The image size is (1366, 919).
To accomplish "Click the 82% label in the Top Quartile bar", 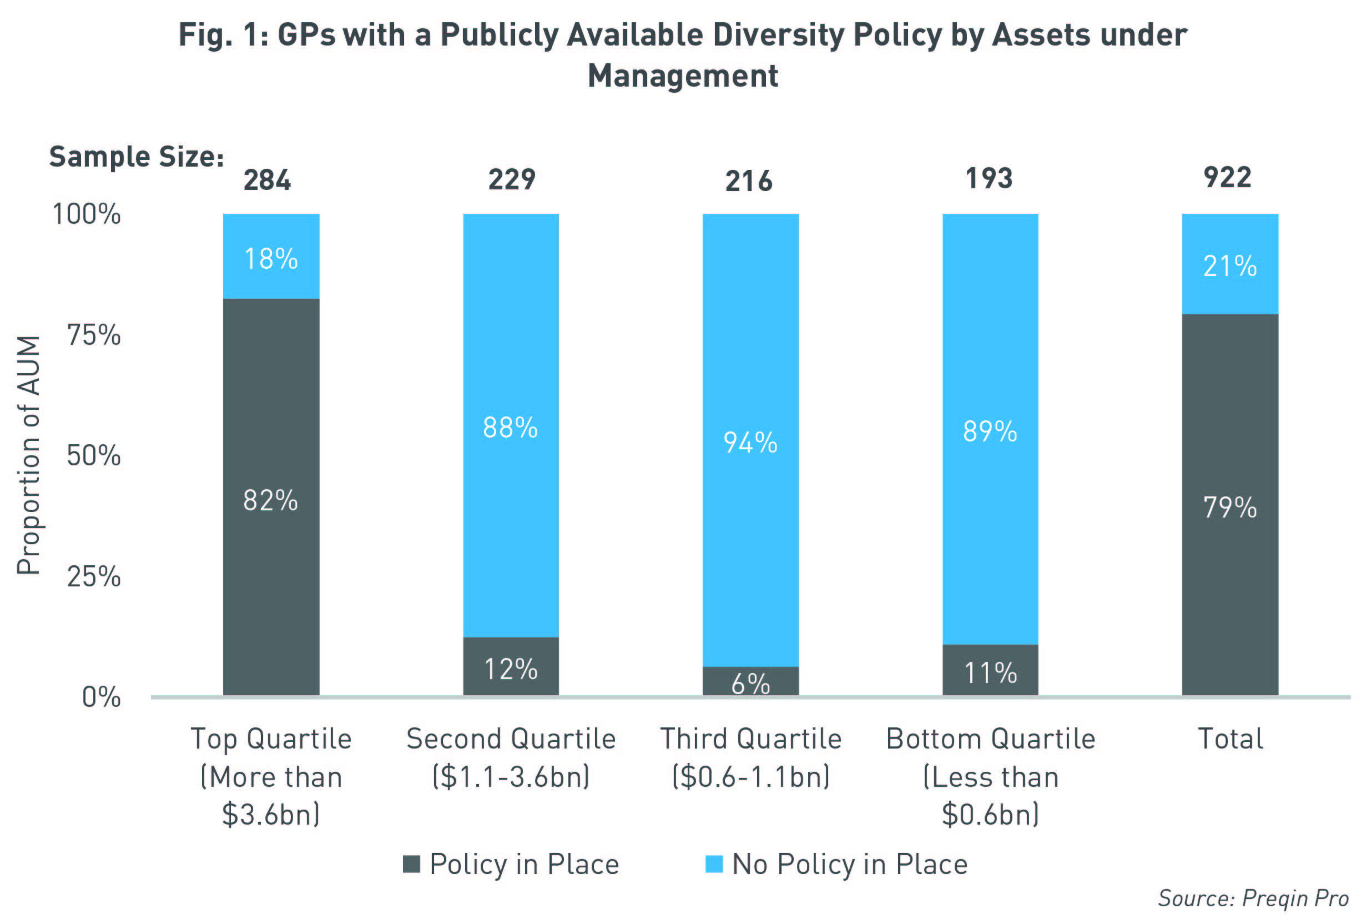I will tap(270, 501).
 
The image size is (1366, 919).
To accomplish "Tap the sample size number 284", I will tap(267, 180).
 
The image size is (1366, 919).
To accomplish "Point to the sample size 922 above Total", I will tap(1227, 178).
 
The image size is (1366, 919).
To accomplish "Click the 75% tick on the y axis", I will tap(94, 336).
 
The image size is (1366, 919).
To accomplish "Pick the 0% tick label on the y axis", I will tap(102, 697).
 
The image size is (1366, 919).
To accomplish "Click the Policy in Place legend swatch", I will tap(411, 865).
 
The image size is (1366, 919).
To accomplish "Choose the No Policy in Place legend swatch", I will tap(714, 865).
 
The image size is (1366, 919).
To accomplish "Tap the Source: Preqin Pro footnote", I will tap(1253, 898).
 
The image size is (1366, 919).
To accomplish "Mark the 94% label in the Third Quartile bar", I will tap(750, 443).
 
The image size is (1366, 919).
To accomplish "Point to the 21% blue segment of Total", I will tap(1229, 265).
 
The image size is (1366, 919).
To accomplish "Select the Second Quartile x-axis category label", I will tap(511, 757).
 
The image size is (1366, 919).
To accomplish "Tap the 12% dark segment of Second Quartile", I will tap(511, 667).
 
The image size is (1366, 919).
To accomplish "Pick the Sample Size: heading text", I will tap(137, 157).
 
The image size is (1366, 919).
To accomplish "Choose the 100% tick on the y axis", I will tap(87, 214).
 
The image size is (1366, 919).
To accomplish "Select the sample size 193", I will tap(989, 178).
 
